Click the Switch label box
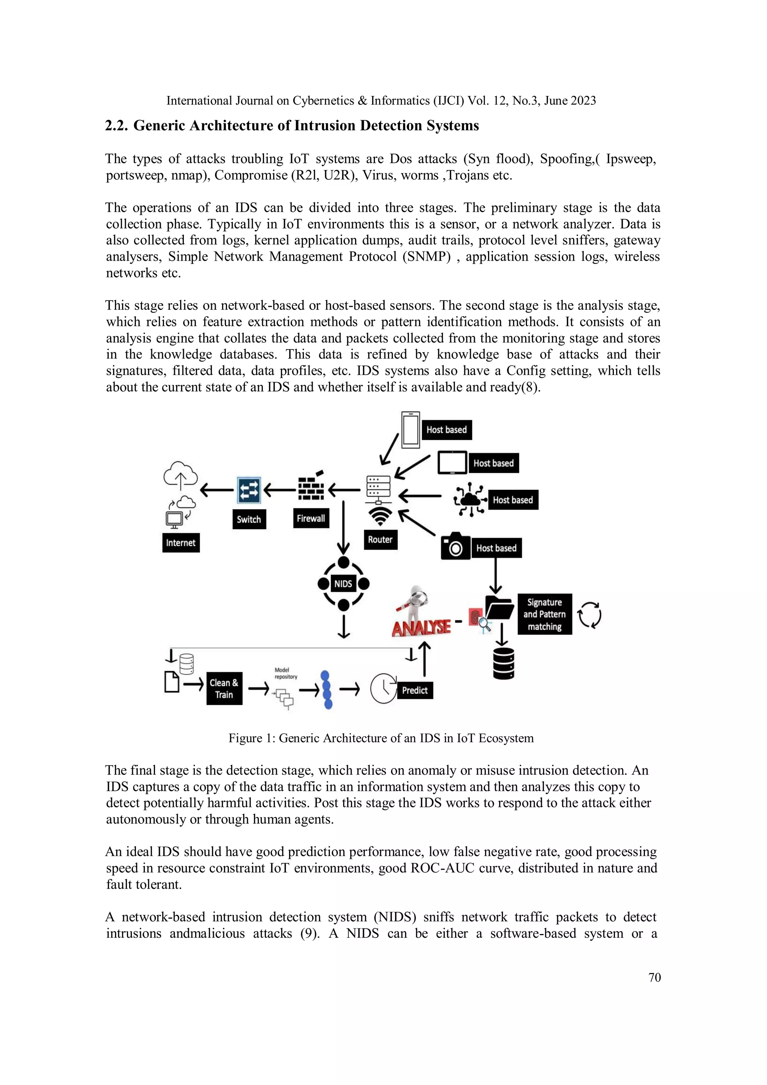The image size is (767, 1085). (249, 519)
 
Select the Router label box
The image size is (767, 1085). (380, 539)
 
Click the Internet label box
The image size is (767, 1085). (181, 542)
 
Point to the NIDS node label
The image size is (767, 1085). (343, 584)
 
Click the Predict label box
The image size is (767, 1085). (415, 690)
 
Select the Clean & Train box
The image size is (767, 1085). (224, 689)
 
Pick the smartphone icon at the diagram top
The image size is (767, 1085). (410, 430)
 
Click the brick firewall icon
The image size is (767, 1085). (311, 488)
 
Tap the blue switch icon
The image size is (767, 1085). (248, 490)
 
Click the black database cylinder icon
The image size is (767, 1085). (503, 664)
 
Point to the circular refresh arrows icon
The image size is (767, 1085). (589, 615)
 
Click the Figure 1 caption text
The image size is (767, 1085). (381, 738)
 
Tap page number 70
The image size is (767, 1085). (654, 977)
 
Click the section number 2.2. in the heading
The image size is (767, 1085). (116, 126)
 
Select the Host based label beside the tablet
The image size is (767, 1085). (494, 463)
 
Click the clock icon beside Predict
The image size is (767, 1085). (383, 689)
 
